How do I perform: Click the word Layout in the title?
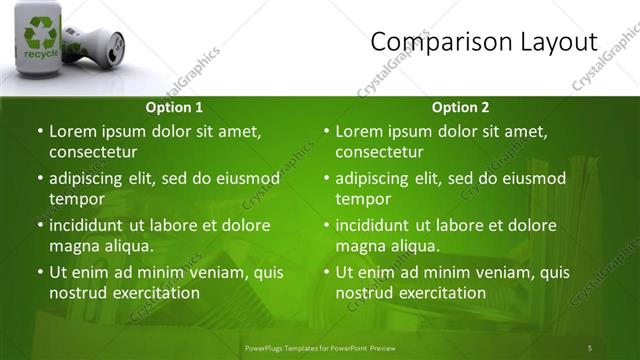pyautogui.click(x=552, y=42)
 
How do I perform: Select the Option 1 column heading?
pyautogui.click(x=174, y=107)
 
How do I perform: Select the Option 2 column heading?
pyautogui.click(x=460, y=107)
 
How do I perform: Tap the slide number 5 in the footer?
pyautogui.click(x=589, y=347)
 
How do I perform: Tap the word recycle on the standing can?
pyautogui.click(x=41, y=54)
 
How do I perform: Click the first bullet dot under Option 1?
pyautogui.click(x=39, y=132)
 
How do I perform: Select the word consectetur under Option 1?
pyautogui.click(x=93, y=152)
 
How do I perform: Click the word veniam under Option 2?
pyautogui.click(x=484, y=272)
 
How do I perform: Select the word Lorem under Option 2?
pyautogui.click(x=359, y=132)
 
